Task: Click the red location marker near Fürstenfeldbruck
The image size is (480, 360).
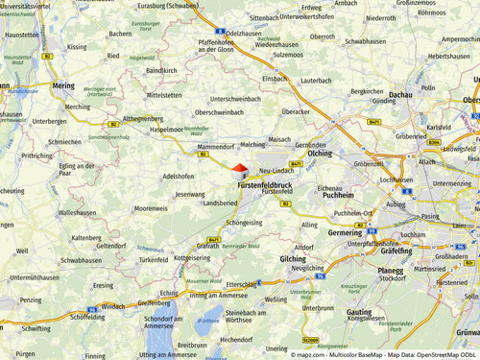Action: point(239,168)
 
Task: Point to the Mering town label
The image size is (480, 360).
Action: point(63,85)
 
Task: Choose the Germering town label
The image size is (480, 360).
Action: point(346,232)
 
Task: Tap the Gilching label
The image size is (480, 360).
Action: point(293,259)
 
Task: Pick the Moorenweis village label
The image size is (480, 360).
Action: point(151,207)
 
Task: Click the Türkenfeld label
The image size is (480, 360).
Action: point(154,259)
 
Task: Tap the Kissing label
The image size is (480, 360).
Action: point(78,45)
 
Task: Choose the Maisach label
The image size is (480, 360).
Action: point(280,139)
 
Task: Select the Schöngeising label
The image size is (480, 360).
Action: point(244,222)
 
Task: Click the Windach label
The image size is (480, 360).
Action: point(113,306)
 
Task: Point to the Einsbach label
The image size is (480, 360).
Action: point(275,79)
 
